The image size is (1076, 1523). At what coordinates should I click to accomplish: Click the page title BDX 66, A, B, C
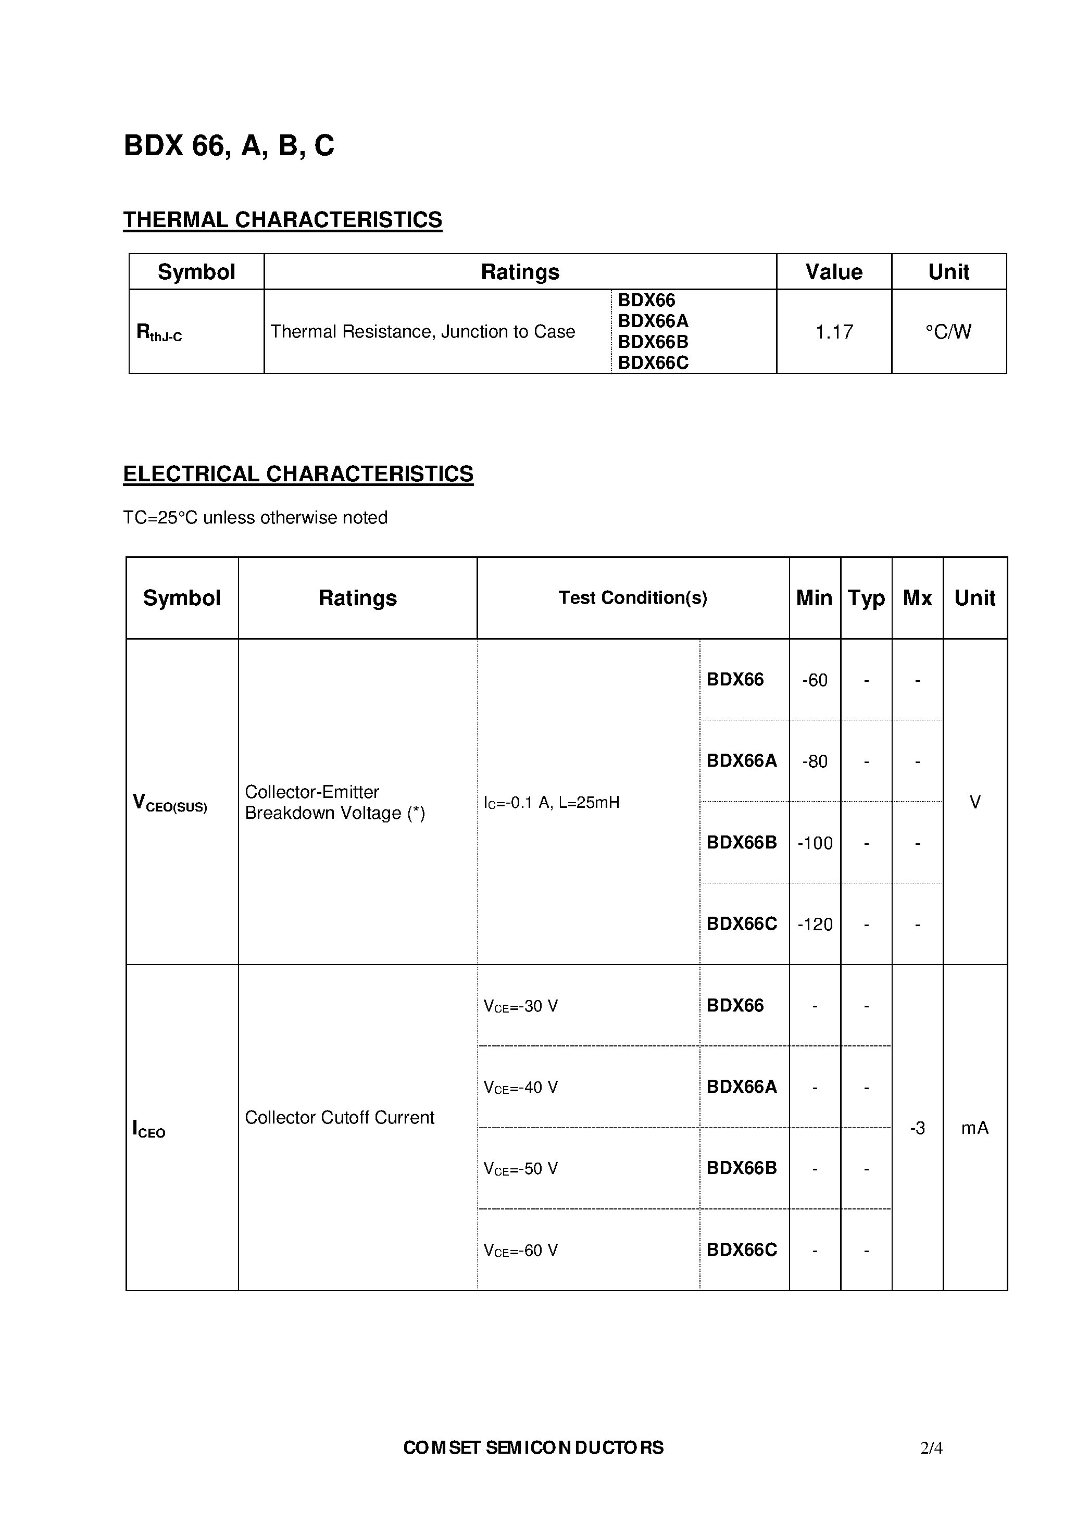pyautogui.click(x=229, y=146)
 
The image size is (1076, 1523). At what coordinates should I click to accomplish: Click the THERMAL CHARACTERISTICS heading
pyautogui.click(x=283, y=220)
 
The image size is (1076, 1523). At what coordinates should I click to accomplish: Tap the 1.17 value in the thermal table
pyautogui.click(x=834, y=332)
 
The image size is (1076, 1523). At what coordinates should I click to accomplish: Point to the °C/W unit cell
pyautogui.click(x=948, y=332)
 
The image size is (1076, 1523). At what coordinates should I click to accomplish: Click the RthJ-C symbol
pyautogui.click(x=158, y=333)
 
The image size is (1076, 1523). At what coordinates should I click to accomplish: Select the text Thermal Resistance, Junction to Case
pyautogui.click(x=422, y=332)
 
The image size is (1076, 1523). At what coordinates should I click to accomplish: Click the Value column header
pyautogui.click(x=834, y=272)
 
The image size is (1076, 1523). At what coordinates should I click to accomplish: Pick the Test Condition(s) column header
pyautogui.click(x=632, y=597)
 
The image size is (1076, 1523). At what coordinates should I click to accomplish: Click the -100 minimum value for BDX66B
pyautogui.click(x=815, y=843)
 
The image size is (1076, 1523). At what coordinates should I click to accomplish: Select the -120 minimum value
pyautogui.click(x=815, y=925)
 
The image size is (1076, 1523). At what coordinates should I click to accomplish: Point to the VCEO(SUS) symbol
pyautogui.click(x=170, y=803)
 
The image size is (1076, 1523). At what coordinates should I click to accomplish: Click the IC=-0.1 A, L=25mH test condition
pyautogui.click(x=551, y=803)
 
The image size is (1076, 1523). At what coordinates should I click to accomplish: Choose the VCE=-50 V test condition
pyautogui.click(x=521, y=1169)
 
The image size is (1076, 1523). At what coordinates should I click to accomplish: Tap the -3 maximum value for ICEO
pyautogui.click(x=917, y=1128)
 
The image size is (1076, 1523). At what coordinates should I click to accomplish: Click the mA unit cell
pyautogui.click(x=974, y=1128)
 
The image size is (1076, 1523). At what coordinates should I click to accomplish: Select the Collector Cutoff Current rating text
pyautogui.click(x=339, y=1118)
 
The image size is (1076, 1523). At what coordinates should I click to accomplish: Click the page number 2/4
pyautogui.click(x=931, y=1448)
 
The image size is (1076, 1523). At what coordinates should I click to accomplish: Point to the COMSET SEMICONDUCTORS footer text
pyautogui.click(x=533, y=1448)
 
